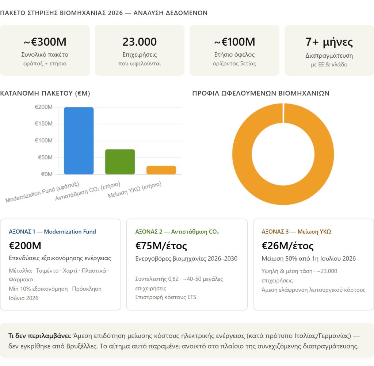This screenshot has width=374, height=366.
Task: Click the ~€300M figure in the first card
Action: click(x=45, y=42)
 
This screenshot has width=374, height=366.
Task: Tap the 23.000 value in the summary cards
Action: click(x=140, y=42)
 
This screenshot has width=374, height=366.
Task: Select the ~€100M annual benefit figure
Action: click(x=234, y=42)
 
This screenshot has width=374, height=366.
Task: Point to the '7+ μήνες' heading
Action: click(x=329, y=42)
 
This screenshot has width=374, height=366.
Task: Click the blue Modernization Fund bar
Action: click(x=79, y=140)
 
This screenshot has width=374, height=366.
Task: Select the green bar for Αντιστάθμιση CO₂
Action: click(x=120, y=162)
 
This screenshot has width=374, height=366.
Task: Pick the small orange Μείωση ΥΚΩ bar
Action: click(x=161, y=170)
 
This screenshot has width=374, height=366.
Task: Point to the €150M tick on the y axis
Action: click(x=43, y=124)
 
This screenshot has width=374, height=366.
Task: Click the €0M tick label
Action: click(x=46, y=174)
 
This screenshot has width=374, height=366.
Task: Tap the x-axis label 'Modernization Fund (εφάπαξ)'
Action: click(x=42, y=192)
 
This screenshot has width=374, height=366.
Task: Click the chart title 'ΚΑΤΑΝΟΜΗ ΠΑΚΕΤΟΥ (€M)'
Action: click(x=45, y=93)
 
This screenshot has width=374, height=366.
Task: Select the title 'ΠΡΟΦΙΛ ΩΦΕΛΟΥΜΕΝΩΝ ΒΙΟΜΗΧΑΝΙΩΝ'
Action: click(x=261, y=93)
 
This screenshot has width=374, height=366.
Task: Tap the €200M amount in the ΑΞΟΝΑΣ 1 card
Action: click(x=25, y=246)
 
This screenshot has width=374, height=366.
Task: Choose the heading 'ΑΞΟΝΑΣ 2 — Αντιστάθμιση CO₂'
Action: click(x=177, y=232)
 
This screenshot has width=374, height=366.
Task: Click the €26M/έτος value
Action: click(x=287, y=246)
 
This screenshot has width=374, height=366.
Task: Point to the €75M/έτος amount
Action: click(x=161, y=246)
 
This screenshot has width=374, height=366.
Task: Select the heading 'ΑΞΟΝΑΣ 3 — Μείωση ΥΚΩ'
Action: click(x=296, y=232)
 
